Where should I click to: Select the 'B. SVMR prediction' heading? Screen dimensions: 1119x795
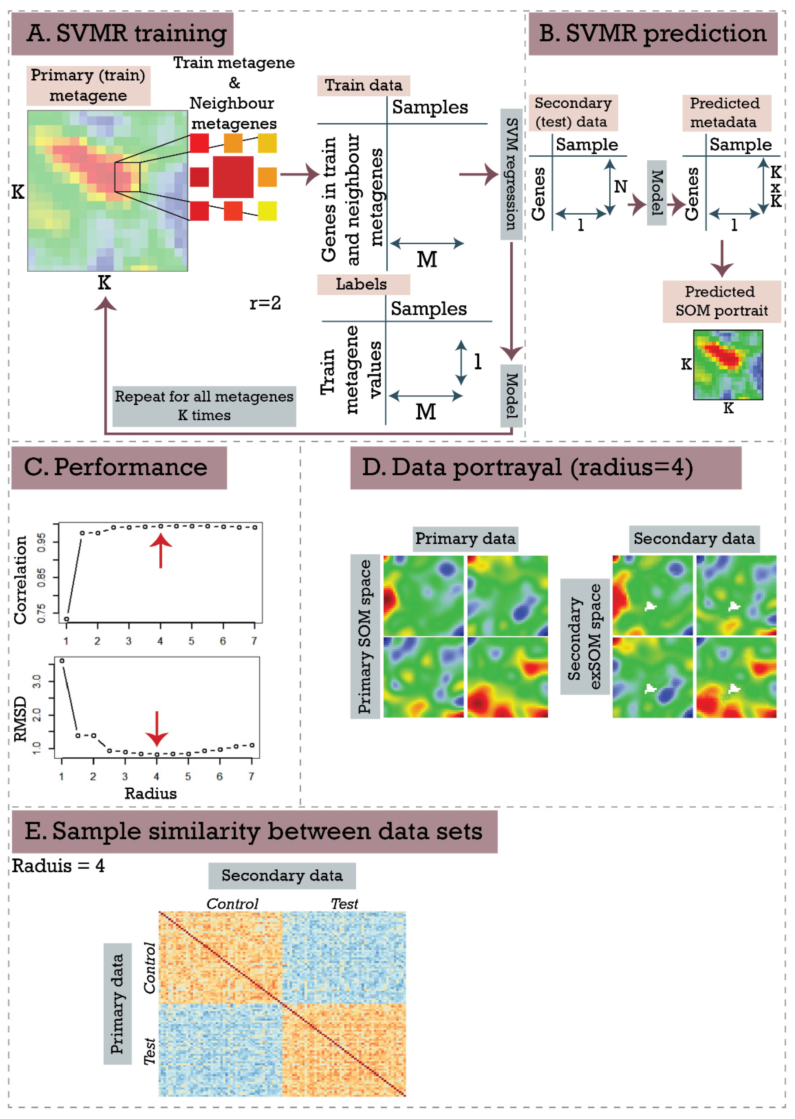click(652, 33)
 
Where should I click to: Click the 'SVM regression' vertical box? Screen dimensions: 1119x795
click(511, 174)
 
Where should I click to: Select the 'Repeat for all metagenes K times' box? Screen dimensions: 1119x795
click(204, 406)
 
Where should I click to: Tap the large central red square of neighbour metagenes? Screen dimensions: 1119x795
click(233, 177)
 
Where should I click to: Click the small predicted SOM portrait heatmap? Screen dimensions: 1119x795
click(728, 365)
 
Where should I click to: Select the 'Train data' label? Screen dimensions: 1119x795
click(363, 85)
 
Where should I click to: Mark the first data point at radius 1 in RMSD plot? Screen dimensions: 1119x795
click(62, 661)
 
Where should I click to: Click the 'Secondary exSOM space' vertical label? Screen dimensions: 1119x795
click(584, 636)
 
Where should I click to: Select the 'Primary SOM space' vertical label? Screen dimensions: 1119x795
click(365, 636)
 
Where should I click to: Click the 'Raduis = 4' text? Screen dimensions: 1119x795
click(58, 866)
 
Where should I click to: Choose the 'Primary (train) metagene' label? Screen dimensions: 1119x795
click(88, 85)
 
